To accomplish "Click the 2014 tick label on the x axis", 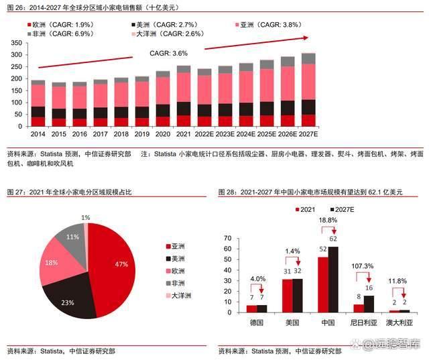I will tap(38, 134).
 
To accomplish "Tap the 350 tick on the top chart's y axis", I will tap(17, 42).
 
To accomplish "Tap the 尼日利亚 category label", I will tap(364, 322).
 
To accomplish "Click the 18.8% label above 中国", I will tap(328, 220).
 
